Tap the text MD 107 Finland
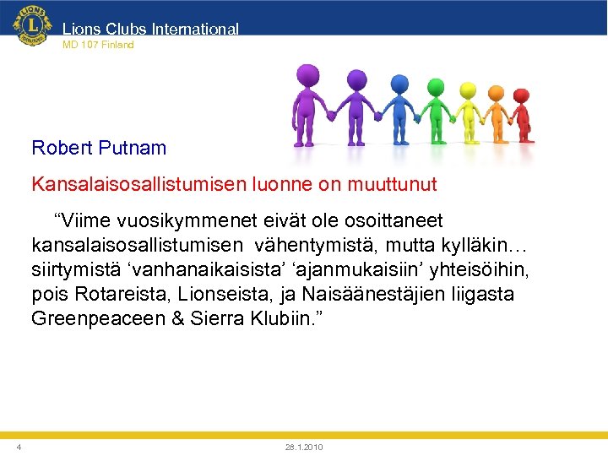[98, 45]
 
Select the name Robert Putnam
[99, 149]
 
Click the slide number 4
[19, 447]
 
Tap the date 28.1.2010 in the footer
[304, 447]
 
